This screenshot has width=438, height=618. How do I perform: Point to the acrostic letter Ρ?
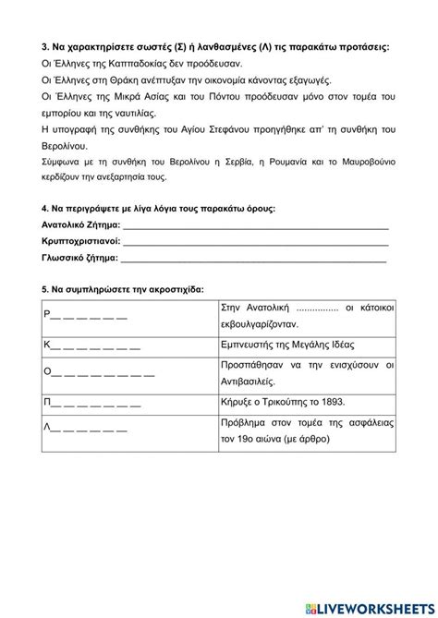tap(46, 314)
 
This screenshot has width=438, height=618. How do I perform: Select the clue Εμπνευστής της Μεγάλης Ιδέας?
tap(293, 344)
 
